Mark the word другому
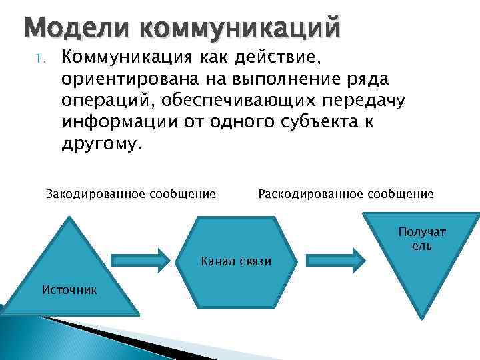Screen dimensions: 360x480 point(101,145)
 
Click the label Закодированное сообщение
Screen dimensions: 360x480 point(131,194)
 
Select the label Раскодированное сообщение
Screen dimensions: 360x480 point(345,194)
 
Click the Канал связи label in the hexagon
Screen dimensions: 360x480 point(236,260)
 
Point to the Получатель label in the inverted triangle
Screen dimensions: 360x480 point(422,239)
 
